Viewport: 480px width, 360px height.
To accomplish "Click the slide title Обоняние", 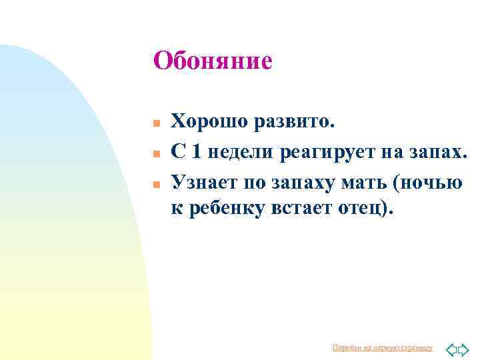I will (212, 61).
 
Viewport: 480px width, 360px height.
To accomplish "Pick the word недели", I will (241, 152).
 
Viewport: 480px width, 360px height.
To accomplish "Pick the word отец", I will (363, 209).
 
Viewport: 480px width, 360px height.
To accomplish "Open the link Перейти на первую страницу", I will (382, 348).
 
